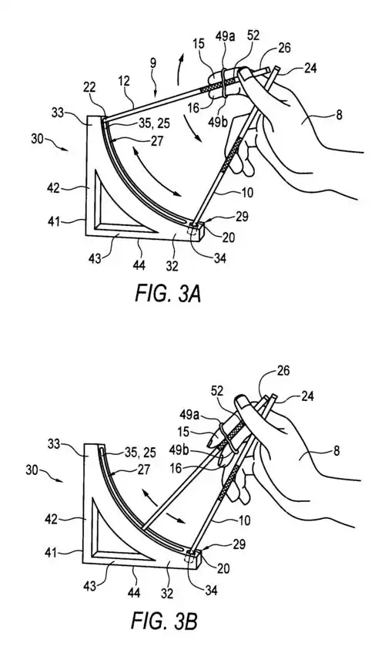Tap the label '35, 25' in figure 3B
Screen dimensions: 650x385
point(139,450)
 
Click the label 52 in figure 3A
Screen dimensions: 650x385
point(253,35)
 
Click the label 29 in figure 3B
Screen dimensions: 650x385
point(239,544)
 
